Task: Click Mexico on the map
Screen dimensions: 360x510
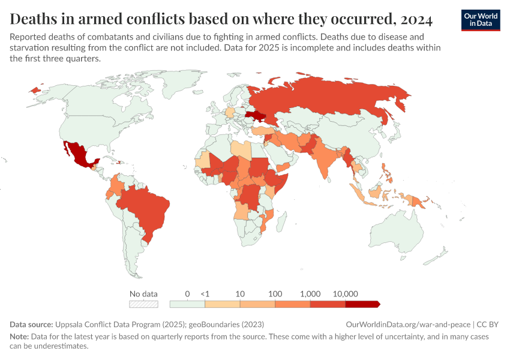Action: tap(79, 154)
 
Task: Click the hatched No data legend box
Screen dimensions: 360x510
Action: tap(143, 304)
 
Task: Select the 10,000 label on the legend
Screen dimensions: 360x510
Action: tap(345, 294)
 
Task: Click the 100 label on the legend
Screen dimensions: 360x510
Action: tap(275, 294)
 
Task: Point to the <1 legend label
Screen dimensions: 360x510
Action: tap(205, 294)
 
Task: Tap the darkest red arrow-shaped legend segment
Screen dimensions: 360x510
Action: tap(362, 304)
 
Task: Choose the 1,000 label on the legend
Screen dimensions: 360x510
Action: tap(310, 294)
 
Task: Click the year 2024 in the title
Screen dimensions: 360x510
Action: tap(414, 19)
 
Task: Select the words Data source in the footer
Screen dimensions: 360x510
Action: tap(32, 324)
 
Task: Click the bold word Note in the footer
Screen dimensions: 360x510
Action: tap(19, 337)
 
